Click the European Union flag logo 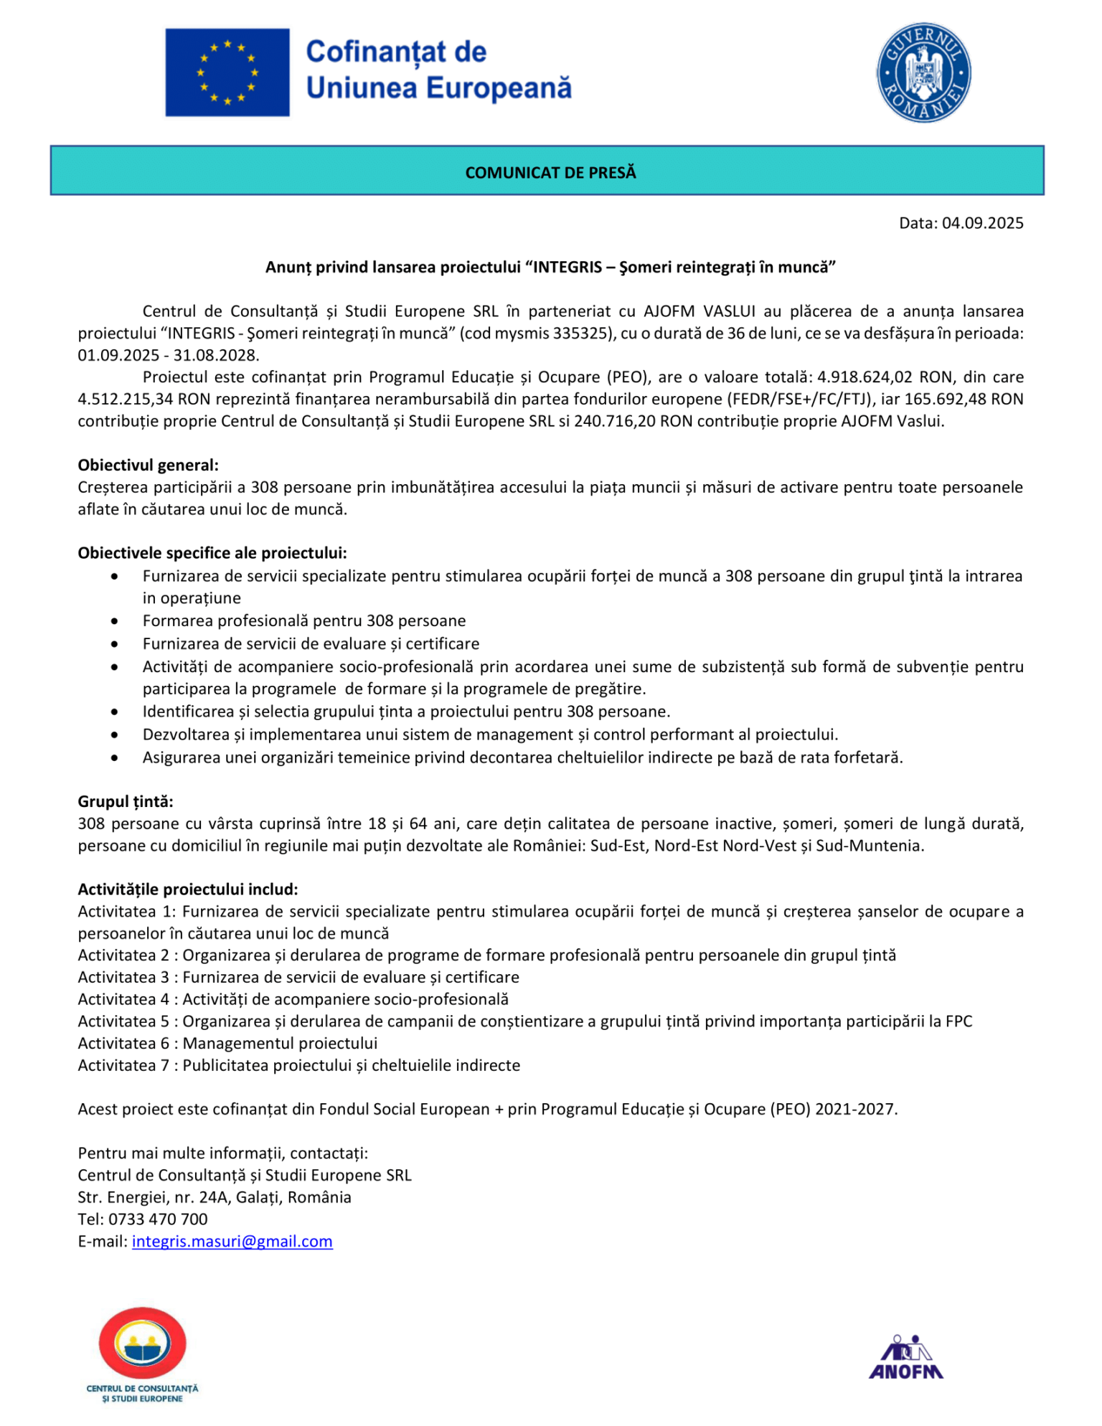(x=227, y=72)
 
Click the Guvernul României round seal (x=923, y=72)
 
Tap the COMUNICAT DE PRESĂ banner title (x=550, y=173)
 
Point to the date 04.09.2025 (x=982, y=223)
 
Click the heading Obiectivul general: (x=149, y=466)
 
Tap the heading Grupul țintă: (x=126, y=802)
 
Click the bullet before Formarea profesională (x=115, y=621)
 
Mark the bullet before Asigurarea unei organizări (x=115, y=758)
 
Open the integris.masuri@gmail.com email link (x=232, y=1242)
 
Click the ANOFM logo (x=905, y=1357)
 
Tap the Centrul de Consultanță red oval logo (x=142, y=1345)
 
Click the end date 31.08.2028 (x=216, y=356)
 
